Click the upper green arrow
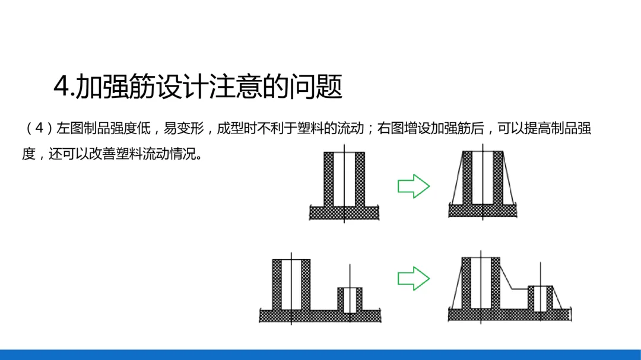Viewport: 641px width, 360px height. [413, 186]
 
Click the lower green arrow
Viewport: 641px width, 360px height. [413, 278]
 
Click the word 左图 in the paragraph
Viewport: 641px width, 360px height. [68, 129]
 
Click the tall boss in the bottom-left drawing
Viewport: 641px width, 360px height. [291, 285]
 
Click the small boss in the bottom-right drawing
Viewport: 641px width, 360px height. [540, 298]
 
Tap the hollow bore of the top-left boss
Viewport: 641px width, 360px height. [344, 178]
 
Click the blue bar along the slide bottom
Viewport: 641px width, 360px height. [320, 355]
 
